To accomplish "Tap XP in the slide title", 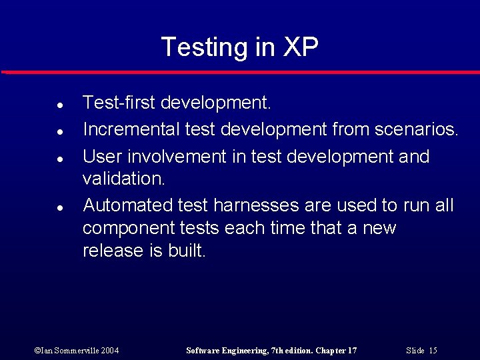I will [301, 47].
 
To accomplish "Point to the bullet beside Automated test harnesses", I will [59, 208].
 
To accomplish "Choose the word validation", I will [123, 179].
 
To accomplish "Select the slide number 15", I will [433, 351].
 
